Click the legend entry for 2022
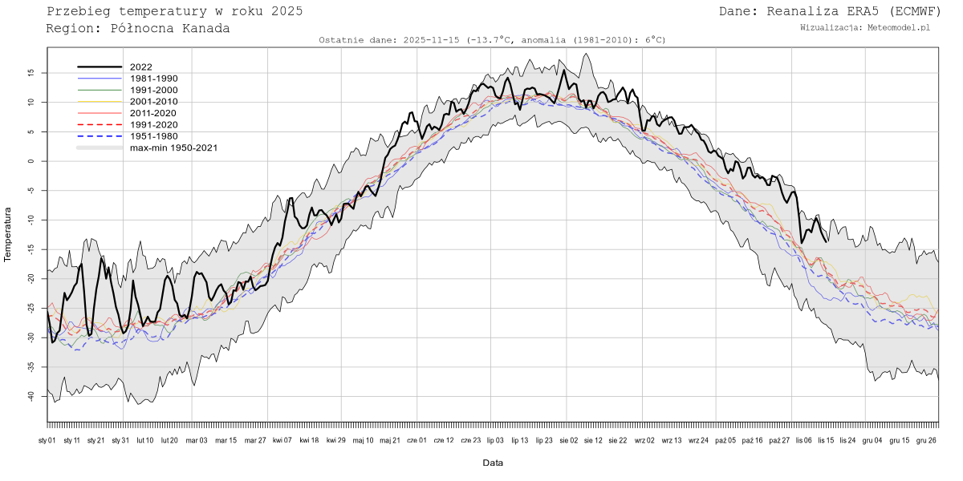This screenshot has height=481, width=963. (x=140, y=67)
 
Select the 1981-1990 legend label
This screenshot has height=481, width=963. (x=153, y=79)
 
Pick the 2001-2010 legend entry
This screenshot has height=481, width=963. (x=153, y=102)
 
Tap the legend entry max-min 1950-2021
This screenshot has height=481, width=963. (x=173, y=148)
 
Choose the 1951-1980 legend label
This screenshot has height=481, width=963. (x=153, y=136)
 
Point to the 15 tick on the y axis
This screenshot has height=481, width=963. (x=30, y=72)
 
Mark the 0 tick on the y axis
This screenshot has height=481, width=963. (x=33, y=161)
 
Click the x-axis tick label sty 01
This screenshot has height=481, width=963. (x=47, y=440)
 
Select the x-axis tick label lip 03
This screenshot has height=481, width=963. (x=494, y=440)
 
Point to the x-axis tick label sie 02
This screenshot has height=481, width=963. (x=568, y=440)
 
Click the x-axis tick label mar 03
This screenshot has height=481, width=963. (x=197, y=440)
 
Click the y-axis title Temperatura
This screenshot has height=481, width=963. (x=8, y=234)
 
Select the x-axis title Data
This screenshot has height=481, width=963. (x=493, y=463)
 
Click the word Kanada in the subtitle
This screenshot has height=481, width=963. (x=204, y=28)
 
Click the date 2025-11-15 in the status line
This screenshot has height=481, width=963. (x=433, y=40)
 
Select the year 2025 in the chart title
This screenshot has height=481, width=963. (x=286, y=11)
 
